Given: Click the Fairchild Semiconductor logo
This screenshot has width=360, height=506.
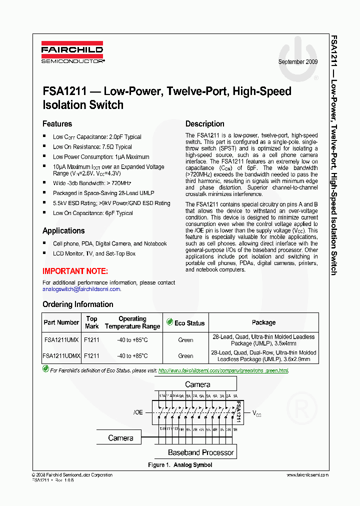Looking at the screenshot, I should coord(72,54).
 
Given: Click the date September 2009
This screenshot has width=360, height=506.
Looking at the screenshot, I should coord(298,62).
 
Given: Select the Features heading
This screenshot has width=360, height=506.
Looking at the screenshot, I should coord(57,124).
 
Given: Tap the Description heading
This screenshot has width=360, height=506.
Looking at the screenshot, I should coord(205,124).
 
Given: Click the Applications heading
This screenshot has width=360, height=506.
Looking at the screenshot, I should coord(63,231).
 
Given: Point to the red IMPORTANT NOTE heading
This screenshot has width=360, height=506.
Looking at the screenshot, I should coord(75,271).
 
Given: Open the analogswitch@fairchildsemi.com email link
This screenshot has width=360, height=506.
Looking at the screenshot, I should coord(81,289).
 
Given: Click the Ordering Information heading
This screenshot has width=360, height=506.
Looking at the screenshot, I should coord(77,304).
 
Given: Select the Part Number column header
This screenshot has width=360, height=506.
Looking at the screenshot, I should coord(61,322).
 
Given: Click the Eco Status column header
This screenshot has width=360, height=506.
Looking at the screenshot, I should coord(185,323).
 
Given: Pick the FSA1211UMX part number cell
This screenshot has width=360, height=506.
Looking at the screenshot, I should coord(61,340).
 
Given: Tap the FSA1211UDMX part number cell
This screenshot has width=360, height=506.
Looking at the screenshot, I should coord(61,356).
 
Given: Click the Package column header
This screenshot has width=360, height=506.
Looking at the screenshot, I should coord(263,322).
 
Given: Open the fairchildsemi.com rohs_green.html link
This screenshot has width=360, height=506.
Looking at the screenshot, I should coord(223,370).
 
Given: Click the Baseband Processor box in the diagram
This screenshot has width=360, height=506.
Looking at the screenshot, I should coord(201,452).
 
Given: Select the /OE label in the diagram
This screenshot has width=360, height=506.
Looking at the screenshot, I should coord(138,412).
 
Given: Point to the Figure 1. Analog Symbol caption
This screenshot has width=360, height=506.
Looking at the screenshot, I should coord(180,465).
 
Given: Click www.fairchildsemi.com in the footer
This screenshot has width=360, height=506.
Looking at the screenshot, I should coord(307,475).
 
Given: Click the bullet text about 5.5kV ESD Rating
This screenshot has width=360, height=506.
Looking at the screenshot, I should coord(111,203).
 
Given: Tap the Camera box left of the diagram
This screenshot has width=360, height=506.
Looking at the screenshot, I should coord(121,438).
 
